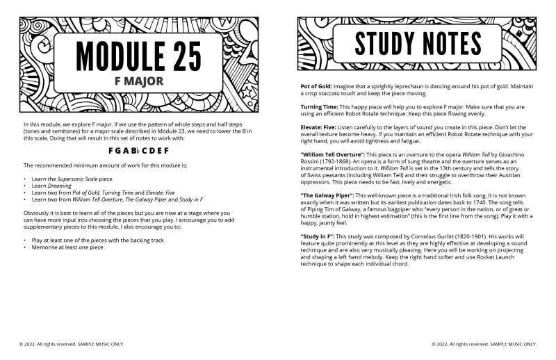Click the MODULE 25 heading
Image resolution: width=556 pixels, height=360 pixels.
coord(140,53)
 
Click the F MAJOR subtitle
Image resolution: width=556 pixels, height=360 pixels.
coord(140,81)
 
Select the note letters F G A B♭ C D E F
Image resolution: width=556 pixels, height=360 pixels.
coord(139,150)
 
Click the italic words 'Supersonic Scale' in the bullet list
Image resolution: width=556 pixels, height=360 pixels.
coord(76,179)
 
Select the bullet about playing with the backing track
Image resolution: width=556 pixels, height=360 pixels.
coord(88,240)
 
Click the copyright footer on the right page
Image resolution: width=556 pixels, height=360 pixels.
coord(484,343)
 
